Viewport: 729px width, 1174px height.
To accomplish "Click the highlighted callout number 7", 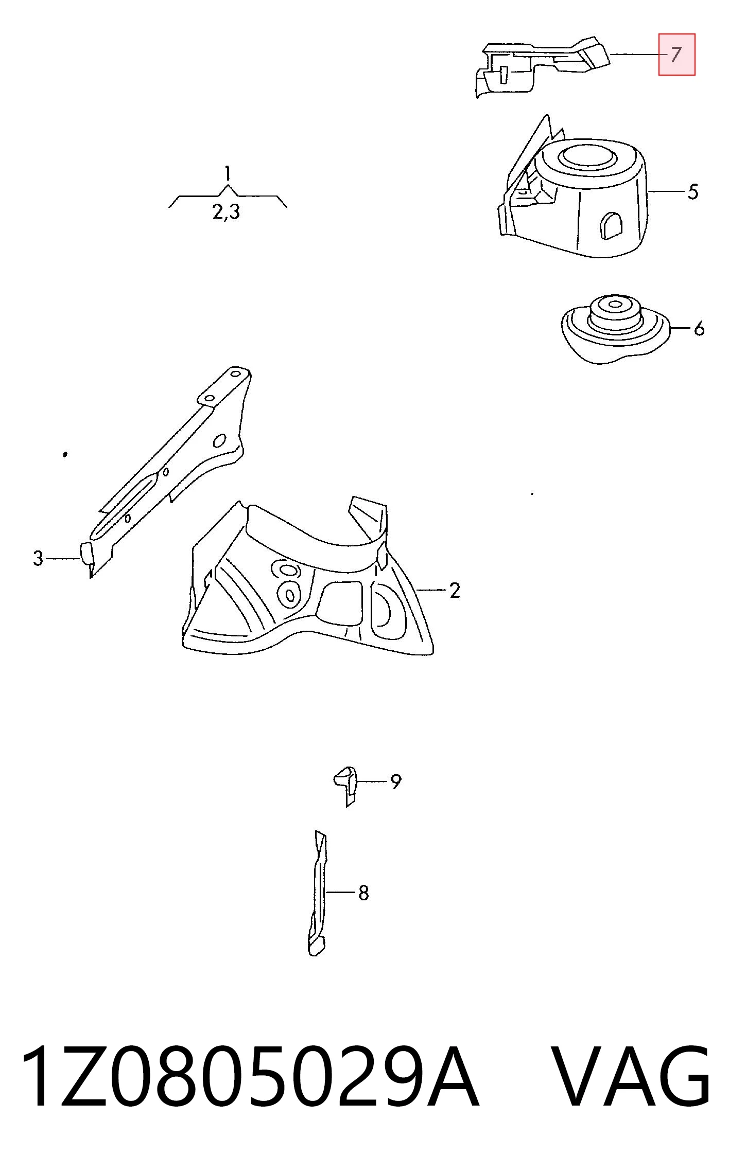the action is pyautogui.click(x=676, y=55).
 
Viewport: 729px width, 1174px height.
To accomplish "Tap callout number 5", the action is pyautogui.click(x=693, y=192).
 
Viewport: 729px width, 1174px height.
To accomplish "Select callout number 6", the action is pyautogui.click(x=699, y=328).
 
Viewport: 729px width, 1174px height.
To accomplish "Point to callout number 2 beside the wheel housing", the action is pyautogui.click(x=454, y=590).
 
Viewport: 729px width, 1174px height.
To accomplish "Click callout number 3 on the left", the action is pyautogui.click(x=38, y=558).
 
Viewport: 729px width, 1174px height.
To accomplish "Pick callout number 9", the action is pyautogui.click(x=395, y=781).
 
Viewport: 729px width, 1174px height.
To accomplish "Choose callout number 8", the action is pyautogui.click(x=363, y=893).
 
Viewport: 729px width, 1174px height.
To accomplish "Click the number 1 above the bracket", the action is pyautogui.click(x=228, y=173).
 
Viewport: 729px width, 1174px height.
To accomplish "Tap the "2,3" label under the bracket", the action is pyautogui.click(x=227, y=212).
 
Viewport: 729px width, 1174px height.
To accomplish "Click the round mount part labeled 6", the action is pyautogui.click(x=615, y=329).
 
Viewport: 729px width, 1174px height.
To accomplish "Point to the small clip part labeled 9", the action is pyautogui.click(x=345, y=786).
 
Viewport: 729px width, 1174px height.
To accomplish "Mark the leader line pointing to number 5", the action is pyautogui.click(x=667, y=191).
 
